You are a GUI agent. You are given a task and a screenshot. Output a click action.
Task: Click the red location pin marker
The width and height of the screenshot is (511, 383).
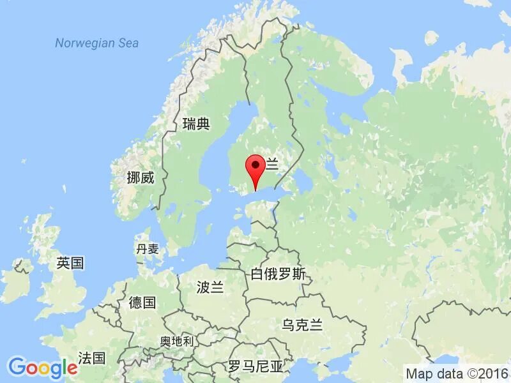click(256, 168)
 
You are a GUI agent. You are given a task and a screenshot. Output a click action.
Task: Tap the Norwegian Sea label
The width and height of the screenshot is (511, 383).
click(96, 43)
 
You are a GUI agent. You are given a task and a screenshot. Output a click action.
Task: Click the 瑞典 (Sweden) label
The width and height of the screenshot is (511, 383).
click(196, 124)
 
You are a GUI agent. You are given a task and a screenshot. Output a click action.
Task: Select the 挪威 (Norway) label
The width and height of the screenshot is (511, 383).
click(141, 178)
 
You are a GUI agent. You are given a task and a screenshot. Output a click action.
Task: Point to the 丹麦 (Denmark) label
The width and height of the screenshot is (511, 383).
click(148, 249)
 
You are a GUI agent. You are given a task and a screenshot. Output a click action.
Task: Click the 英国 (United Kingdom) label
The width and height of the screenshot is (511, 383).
click(70, 263)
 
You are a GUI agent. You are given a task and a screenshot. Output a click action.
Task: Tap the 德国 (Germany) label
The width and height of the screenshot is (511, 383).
click(142, 303)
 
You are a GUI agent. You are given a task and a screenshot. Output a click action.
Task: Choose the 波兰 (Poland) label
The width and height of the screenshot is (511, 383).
click(211, 288)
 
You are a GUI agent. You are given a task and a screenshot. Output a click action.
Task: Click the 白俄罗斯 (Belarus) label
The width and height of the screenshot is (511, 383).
click(278, 275)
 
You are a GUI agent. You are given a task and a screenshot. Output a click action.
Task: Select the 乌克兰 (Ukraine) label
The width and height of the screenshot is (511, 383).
click(302, 326)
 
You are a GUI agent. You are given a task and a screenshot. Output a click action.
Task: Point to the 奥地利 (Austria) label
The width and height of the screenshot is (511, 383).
click(176, 342)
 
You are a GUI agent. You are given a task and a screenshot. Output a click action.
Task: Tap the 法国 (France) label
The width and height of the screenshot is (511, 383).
click(91, 357)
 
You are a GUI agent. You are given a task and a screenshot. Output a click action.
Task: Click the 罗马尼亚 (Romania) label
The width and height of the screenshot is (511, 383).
click(256, 366)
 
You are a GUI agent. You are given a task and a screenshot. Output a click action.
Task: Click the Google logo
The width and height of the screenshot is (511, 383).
click(43, 368)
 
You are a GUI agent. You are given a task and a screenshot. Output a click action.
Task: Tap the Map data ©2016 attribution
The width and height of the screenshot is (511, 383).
click(455, 373)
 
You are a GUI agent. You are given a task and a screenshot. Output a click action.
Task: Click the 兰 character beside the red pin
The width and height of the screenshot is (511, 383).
click(273, 165)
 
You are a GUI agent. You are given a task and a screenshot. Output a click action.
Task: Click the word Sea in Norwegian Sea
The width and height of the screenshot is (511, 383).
click(128, 43)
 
